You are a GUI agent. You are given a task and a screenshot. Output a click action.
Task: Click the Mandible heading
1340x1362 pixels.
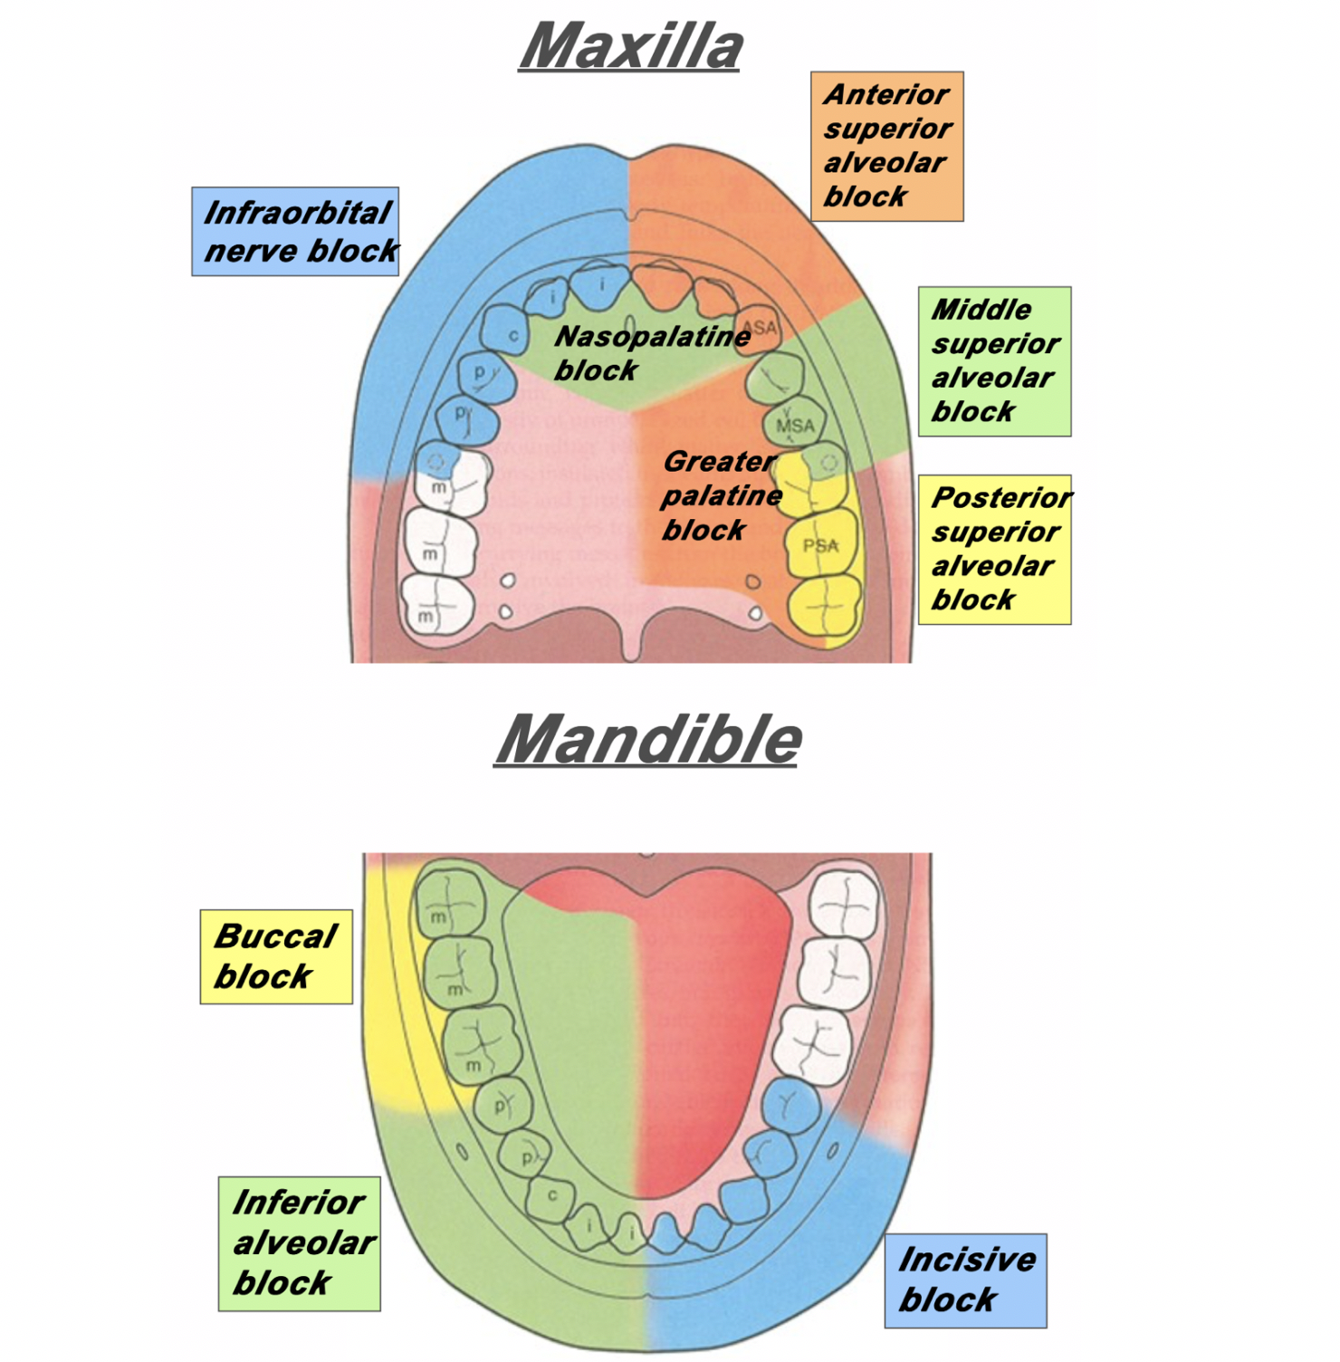pos(648,739)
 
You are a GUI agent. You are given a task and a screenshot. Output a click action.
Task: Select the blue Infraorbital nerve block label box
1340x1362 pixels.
pos(295,232)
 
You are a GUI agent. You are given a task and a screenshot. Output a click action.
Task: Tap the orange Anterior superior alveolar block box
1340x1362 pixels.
pos(886,146)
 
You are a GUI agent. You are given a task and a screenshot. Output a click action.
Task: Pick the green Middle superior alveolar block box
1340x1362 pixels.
pos(994,361)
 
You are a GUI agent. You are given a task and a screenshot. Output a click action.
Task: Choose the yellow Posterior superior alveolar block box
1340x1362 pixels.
pos(994,549)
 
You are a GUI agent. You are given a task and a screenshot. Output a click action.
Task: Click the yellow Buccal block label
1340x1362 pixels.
pos(275,956)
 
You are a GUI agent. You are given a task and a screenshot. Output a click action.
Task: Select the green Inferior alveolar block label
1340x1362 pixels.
pos(299,1243)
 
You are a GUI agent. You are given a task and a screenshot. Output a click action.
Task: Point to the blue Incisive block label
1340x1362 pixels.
pos(965,1280)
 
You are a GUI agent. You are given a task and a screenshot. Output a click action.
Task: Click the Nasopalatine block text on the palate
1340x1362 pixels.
pos(650,352)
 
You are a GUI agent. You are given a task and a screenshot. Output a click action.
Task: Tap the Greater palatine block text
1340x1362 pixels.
pos(720,495)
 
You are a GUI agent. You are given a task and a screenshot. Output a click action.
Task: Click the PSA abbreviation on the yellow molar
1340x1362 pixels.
pos(820,545)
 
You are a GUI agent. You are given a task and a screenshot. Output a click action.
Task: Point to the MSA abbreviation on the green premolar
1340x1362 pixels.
pos(795,425)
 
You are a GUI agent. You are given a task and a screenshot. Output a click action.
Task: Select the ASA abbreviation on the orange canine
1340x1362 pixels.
pos(759,327)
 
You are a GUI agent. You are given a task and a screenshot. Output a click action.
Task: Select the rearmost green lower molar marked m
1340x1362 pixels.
pos(449,901)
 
